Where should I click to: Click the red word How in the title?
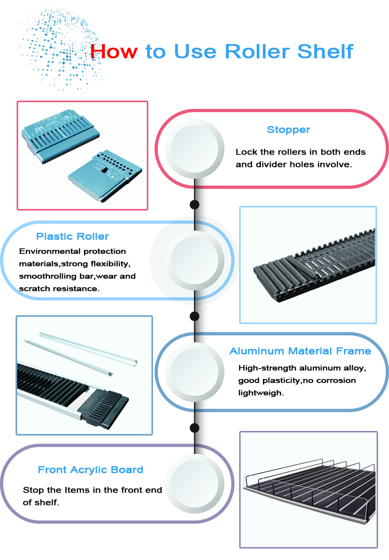(x=114, y=51)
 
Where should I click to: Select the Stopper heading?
(x=288, y=130)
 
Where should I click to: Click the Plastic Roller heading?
(x=73, y=236)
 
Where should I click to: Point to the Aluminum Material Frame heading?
(x=300, y=351)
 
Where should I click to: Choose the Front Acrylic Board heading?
(x=90, y=470)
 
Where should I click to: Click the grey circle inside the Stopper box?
(x=195, y=149)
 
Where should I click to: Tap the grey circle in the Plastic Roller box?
(x=195, y=260)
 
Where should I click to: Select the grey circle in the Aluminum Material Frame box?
(x=195, y=372)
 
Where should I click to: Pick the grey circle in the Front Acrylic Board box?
(x=195, y=484)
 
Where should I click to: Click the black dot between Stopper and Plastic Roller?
(x=195, y=205)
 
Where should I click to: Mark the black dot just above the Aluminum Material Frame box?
(x=195, y=316)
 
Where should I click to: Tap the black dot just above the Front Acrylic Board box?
(x=195, y=427)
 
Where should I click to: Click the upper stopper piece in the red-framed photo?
(x=60, y=136)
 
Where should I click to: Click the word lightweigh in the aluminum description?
(x=261, y=393)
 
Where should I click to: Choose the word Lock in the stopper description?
(x=246, y=152)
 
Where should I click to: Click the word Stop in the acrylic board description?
(x=34, y=490)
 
